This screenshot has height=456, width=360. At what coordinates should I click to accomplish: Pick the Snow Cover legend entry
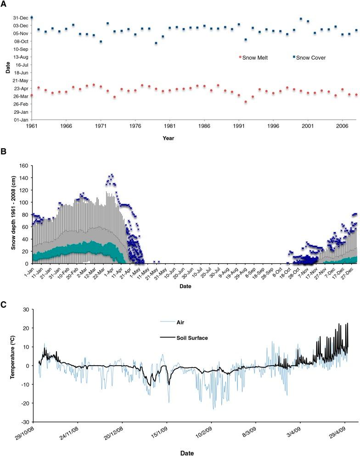(311, 58)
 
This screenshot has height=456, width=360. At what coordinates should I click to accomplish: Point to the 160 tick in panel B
(23, 165)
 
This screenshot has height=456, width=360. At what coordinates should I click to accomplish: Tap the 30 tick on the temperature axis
(26, 310)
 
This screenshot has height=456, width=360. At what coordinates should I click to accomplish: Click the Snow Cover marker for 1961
(32, 17)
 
